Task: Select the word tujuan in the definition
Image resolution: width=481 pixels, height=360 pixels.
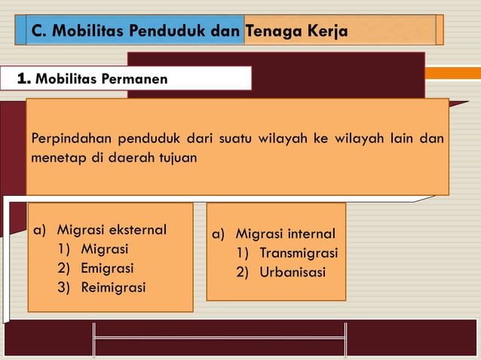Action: [x=179, y=159]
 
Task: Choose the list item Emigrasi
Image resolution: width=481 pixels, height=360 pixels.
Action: [x=107, y=268]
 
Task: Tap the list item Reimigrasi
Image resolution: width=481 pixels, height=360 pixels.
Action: [x=113, y=287]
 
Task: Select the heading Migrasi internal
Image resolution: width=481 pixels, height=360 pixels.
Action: [x=285, y=234]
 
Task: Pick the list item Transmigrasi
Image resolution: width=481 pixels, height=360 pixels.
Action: [x=299, y=253]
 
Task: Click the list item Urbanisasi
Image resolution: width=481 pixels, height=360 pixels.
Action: [x=293, y=272]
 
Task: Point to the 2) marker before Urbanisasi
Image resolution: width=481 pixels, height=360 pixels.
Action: [x=243, y=272]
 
